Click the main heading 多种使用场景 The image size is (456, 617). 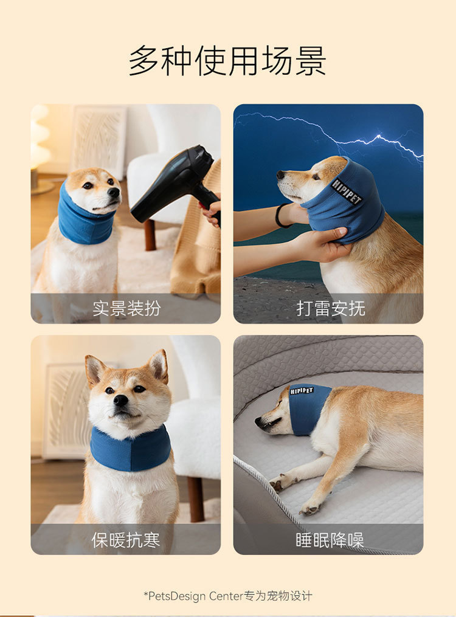pyautogui.click(x=227, y=61)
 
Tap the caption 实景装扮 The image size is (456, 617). pyautogui.click(x=126, y=308)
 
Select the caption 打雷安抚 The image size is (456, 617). pyautogui.click(x=331, y=308)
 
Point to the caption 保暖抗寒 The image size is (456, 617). pyautogui.click(x=126, y=539)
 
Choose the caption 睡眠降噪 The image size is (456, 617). pyautogui.click(x=330, y=539)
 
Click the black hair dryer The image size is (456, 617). pyautogui.click(x=176, y=185)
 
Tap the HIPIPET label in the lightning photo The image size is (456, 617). pyautogui.click(x=346, y=192)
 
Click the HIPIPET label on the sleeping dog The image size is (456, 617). pyautogui.click(x=302, y=390)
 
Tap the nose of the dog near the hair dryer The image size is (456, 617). pyautogui.click(x=114, y=193)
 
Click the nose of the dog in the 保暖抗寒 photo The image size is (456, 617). pyautogui.click(x=121, y=400)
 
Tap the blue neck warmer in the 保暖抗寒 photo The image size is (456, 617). pyautogui.click(x=130, y=449)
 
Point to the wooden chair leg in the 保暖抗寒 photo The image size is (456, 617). pyautogui.click(x=196, y=499)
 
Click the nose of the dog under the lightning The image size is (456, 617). pyautogui.click(x=280, y=174)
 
